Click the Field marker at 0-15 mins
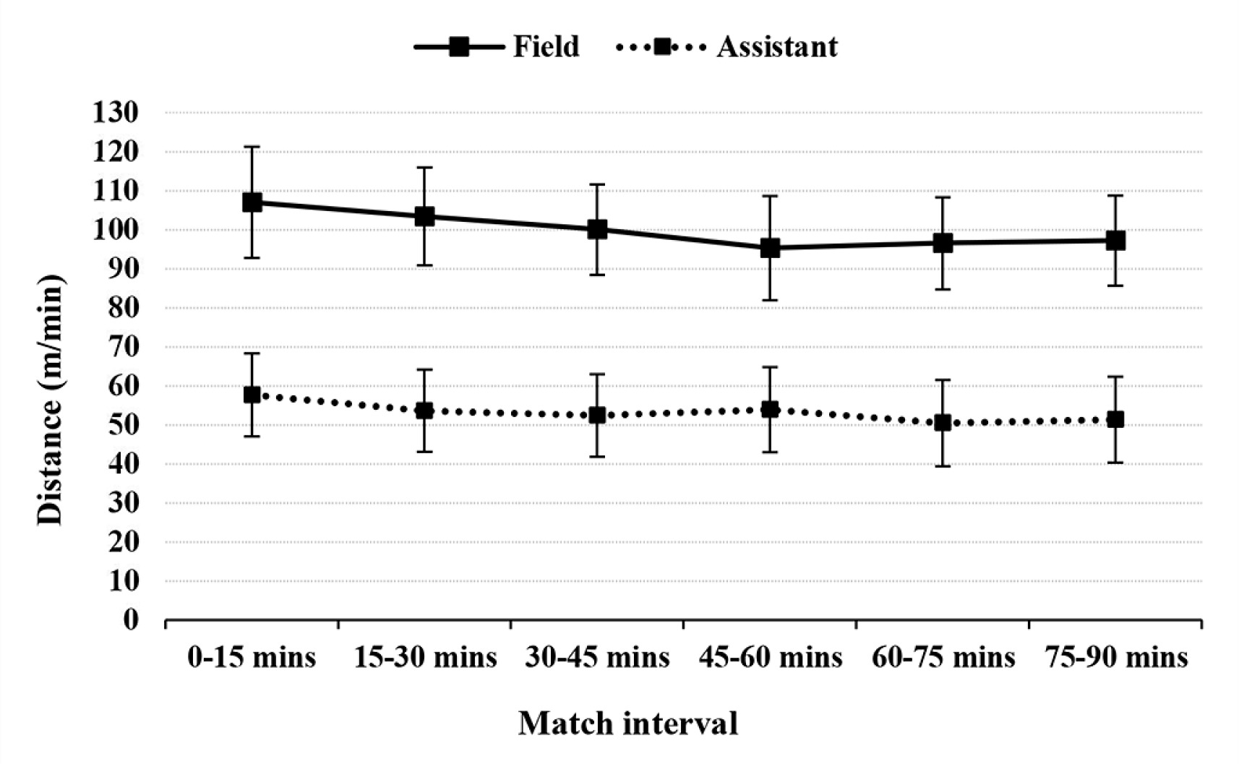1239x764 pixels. point(252,202)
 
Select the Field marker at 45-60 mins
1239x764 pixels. point(770,248)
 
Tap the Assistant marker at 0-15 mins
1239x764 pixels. point(252,395)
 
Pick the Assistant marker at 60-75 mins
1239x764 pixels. point(943,423)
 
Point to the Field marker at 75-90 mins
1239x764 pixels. point(1115,241)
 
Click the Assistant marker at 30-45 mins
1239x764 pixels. point(597,415)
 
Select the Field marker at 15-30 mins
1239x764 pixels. point(424,216)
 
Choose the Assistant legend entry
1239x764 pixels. point(726,47)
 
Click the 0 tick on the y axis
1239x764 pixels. point(130,620)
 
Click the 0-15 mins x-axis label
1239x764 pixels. point(252,658)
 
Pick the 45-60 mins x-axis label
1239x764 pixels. point(770,658)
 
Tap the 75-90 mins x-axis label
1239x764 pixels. point(1115,658)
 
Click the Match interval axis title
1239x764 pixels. point(627,724)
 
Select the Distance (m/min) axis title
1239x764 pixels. point(50,401)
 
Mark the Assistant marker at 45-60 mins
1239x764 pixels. point(770,410)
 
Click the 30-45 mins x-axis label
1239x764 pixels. point(597,658)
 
